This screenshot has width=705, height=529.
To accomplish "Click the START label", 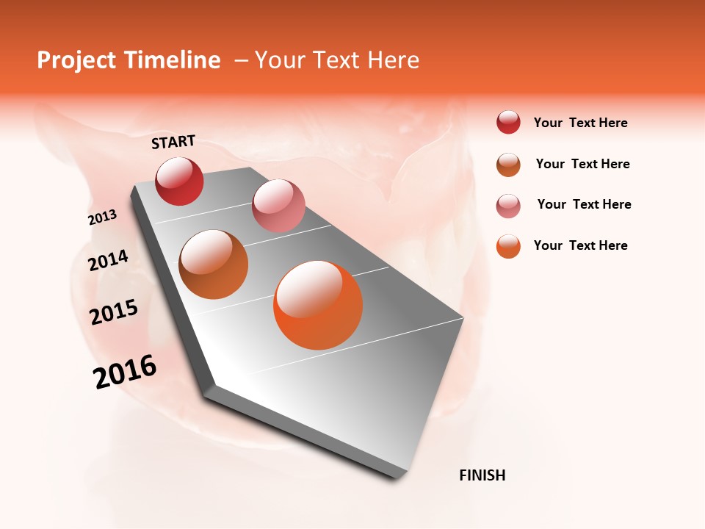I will click(173, 142).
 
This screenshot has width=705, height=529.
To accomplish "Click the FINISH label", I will click(482, 475).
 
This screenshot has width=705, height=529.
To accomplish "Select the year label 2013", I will click(102, 217).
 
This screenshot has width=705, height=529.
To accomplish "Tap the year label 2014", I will click(108, 260).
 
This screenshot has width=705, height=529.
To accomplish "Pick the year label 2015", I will click(114, 312).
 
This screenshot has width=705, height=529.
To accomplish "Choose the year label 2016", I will click(125, 372).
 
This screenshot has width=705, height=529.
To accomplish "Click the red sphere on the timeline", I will click(180, 181).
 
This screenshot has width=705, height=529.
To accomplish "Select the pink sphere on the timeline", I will click(278, 206).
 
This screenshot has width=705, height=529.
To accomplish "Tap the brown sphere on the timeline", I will click(214, 264).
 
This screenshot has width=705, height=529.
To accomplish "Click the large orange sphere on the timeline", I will click(318, 305).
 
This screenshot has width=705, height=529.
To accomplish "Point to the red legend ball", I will click(508, 123).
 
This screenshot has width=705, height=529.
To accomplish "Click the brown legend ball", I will click(508, 165).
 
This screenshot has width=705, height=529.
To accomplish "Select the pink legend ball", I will click(508, 205).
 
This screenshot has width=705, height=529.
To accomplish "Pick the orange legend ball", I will click(508, 245).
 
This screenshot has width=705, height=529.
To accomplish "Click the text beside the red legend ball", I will click(580, 123).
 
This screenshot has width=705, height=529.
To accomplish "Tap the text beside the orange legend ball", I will click(580, 245).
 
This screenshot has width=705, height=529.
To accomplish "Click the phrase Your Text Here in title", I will click(337, 60).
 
